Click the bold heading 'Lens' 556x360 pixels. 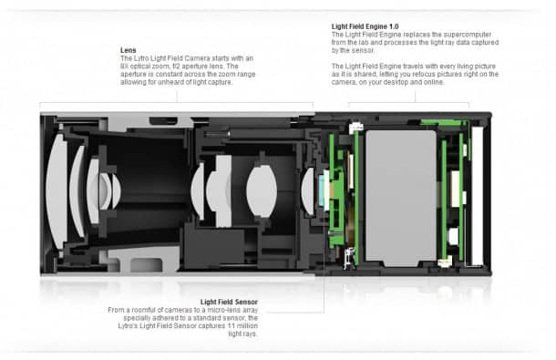click(x=129, y=49)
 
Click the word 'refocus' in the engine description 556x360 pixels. click(x=456, y=74)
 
